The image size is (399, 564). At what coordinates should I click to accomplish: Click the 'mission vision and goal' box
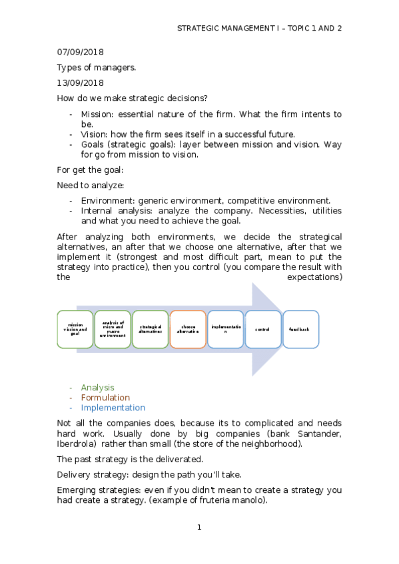click(75, 329)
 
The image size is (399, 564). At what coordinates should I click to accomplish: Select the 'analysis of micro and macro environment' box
click(113, 329)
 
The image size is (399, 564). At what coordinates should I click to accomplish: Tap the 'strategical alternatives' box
click(151, 329)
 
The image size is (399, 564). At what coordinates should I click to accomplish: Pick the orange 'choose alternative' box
click(188, 329)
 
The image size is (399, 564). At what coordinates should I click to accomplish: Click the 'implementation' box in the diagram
click(226, 329)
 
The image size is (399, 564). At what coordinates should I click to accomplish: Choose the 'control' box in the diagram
click(263, 329)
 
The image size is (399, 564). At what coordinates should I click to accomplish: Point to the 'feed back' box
click(301, 329)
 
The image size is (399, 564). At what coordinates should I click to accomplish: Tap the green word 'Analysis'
click(97, 387)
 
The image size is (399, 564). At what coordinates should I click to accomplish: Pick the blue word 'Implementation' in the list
click(113, 408)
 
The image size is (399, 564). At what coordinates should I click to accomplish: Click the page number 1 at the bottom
click(199, 527)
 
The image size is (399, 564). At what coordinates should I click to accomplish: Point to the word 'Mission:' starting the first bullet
click(97, 114)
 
